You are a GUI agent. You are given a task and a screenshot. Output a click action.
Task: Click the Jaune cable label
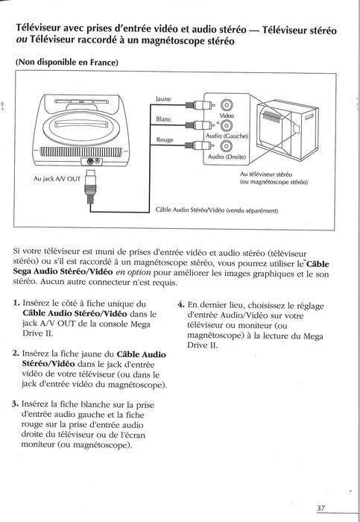coord(163,99)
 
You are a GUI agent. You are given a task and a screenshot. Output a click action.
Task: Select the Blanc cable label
coord(163,119)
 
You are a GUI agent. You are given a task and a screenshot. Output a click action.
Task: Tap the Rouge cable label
coord(165,140)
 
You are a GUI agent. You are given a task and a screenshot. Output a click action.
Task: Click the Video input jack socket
coord(227,105)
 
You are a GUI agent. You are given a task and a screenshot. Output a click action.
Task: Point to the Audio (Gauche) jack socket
coord(227,125)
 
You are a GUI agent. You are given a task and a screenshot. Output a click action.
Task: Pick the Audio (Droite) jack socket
coord(227,146)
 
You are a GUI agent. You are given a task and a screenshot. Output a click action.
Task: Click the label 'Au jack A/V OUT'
coord(57,179)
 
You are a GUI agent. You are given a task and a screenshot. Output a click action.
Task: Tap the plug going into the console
coord(90,186)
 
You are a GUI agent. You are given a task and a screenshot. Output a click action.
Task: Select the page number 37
coord(320,508)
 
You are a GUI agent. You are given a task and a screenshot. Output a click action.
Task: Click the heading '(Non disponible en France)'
coord(67,62)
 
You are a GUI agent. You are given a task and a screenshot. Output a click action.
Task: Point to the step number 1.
coord(16,303)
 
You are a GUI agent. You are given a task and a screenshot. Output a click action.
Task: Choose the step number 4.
coord(180,304)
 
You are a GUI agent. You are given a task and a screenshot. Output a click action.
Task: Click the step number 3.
coord(15,404)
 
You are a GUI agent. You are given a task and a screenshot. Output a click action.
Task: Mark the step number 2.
coord(16,353)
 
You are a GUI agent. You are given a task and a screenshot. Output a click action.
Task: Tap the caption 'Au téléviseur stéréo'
coord(266,174)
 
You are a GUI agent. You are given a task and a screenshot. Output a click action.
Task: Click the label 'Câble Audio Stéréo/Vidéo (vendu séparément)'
coord(217,210)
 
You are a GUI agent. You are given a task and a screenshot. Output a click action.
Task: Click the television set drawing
coord(287,130)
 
